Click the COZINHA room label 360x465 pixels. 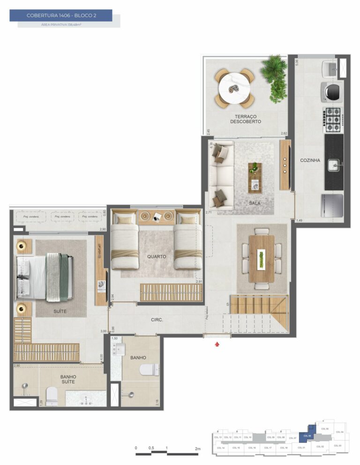click(x=310, y=160)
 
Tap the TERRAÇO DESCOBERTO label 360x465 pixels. click(x=245, y=119)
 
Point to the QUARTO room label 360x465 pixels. click(x=157, y=256)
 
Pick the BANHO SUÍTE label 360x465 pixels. click(x=68, y=379)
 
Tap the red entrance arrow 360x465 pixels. click(x=217, y=345)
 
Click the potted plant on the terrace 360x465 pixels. click(x=276, y=77)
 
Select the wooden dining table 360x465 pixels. click(x=262, y=258)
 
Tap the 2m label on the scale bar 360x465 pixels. click(x=198, y=449)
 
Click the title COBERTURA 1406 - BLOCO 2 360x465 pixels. click(x=61, y=15)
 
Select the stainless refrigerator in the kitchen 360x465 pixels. click(x=332, y=205)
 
